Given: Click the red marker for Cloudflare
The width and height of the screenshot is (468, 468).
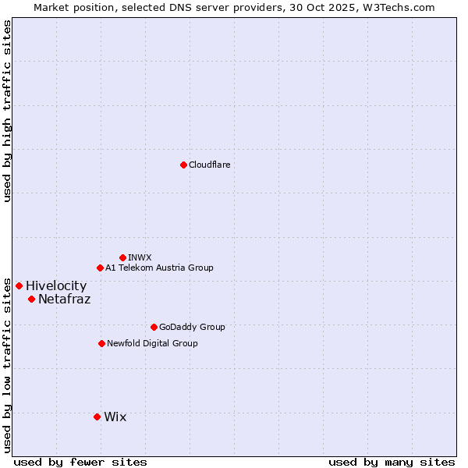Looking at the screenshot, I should pos(183,165).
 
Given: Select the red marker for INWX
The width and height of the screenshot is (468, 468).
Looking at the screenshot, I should pos(122,257).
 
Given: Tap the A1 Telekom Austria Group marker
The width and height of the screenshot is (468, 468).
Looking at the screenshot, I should pos(100,268).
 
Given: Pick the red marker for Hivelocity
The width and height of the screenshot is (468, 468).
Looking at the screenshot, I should pos(19,285).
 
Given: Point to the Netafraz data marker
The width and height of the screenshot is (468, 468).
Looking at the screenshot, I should pos(31,299).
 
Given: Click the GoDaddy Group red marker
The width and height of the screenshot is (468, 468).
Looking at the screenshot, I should pos(154,327).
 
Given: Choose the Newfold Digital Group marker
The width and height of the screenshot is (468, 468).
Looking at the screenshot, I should pos(101,343).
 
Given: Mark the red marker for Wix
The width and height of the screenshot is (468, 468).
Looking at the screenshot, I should pos(97,417).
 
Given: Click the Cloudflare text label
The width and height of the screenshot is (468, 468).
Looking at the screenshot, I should pos(210,165).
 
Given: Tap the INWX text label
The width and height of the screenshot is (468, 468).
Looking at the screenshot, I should pos(140,257).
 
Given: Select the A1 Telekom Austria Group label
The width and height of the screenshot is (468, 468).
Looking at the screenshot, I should pos(159,268).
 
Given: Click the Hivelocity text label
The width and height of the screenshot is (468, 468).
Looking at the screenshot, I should pos(56,286).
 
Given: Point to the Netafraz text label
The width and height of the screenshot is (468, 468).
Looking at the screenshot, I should pos(64,300).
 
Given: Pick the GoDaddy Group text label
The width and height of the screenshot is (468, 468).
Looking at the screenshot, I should pos(192,327).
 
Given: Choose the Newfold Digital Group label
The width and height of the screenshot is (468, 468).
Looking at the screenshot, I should pos(152,343).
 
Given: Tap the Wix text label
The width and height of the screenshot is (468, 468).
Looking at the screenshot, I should pos(115,417).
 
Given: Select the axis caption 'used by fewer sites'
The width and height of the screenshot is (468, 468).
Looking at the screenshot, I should pos(80,462).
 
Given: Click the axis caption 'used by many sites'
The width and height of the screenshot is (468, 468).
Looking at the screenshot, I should pos(392,462).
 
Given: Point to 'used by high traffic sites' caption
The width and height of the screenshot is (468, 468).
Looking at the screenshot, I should pos(7,111).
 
